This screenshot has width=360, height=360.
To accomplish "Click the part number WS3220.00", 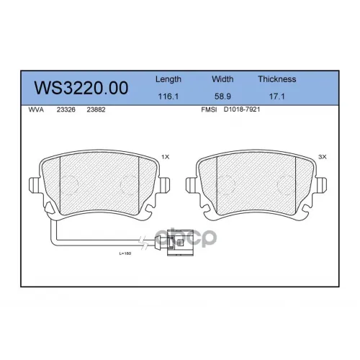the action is coord(81,88).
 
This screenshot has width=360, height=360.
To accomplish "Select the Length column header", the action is coord(168,79).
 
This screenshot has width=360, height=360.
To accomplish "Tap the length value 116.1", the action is coord(168,96).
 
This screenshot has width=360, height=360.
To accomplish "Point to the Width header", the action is coord(222,79).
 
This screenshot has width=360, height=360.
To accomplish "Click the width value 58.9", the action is coord(222,96).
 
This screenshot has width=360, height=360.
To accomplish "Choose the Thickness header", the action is coord(277,79).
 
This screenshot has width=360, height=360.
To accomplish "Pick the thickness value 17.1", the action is coord(276,96).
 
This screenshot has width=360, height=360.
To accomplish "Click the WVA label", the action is coord(36,109).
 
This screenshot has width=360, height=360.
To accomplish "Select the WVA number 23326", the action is coord(66,109).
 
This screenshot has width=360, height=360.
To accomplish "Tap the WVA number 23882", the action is coord(96,109).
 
